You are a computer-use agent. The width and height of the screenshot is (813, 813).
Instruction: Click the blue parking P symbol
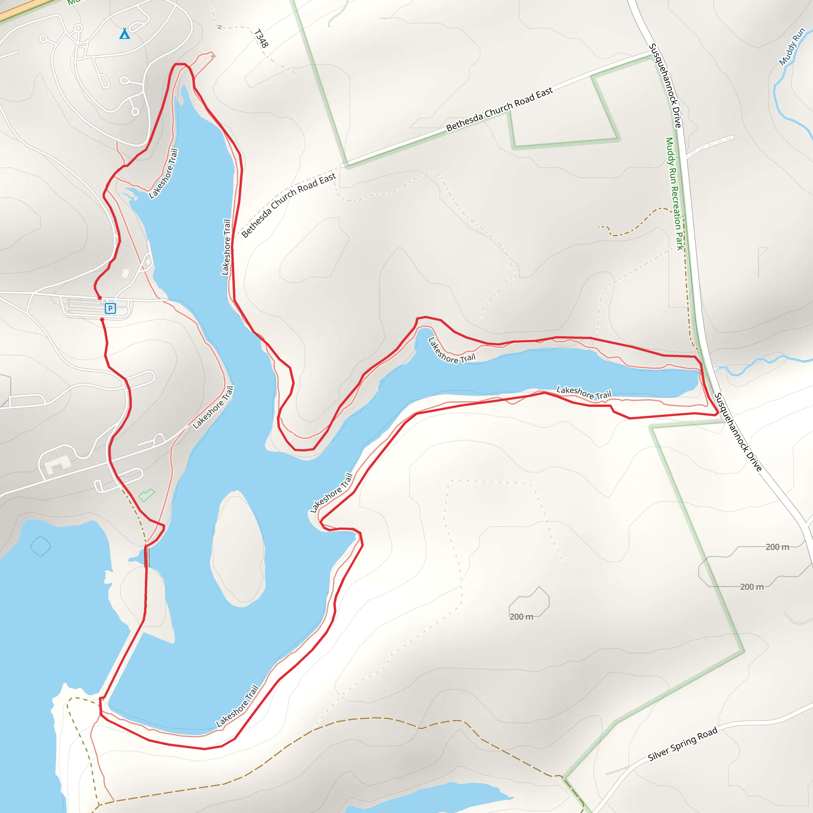coord(110,308)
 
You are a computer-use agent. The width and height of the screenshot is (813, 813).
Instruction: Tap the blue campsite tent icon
coord(125,34)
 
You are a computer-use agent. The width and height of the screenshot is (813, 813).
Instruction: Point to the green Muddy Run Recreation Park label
coord(674,194)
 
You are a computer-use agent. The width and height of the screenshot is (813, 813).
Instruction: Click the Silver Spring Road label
coord(682,744)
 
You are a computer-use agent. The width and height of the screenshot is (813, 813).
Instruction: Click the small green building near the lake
coord(146,495)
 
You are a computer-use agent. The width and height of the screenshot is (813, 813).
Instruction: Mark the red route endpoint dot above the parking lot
coord(100,298)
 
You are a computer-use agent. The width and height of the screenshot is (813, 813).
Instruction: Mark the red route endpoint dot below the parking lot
coord(102,320)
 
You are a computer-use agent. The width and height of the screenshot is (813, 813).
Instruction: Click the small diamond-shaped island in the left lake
coord(40,547)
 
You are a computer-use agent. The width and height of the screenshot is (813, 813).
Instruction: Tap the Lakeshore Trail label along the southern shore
coord(237,706)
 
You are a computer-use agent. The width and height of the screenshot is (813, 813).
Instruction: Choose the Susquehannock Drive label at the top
coord(665,85)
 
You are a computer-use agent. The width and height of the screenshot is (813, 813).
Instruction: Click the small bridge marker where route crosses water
coord(146,557)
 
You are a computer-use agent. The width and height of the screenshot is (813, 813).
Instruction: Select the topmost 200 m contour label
coord(777,547)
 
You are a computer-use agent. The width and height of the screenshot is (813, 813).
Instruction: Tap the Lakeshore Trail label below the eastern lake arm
coord(584,393)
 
